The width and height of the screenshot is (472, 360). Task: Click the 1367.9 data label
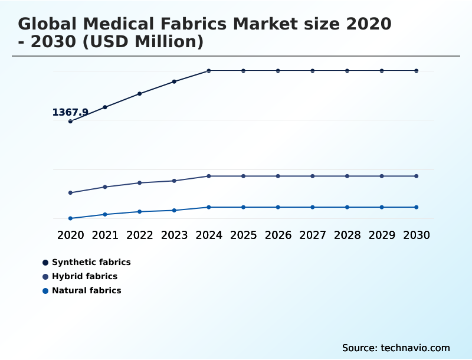70,112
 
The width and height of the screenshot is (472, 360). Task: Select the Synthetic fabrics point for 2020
71,121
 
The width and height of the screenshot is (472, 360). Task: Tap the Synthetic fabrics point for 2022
140,94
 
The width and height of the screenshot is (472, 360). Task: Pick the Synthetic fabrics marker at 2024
209,71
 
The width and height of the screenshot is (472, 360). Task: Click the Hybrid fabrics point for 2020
71,193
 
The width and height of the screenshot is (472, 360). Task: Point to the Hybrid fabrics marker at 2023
174,181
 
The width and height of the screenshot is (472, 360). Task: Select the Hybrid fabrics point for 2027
313,176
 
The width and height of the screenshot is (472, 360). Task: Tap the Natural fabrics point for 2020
71,218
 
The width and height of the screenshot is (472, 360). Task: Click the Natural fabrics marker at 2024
209,207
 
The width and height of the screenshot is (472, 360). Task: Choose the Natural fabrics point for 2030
417,207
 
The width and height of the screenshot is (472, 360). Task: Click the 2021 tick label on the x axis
105,235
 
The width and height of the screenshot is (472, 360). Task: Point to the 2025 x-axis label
244,235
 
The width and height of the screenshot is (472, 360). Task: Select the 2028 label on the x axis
348,235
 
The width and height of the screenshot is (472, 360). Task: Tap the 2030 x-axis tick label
417,235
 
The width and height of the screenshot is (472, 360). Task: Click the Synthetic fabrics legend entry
91,262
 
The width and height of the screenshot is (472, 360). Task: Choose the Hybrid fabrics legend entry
84,276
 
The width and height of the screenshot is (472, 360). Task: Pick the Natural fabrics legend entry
86,290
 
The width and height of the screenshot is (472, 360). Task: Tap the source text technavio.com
415,348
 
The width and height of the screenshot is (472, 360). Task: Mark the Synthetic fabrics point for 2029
382,71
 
